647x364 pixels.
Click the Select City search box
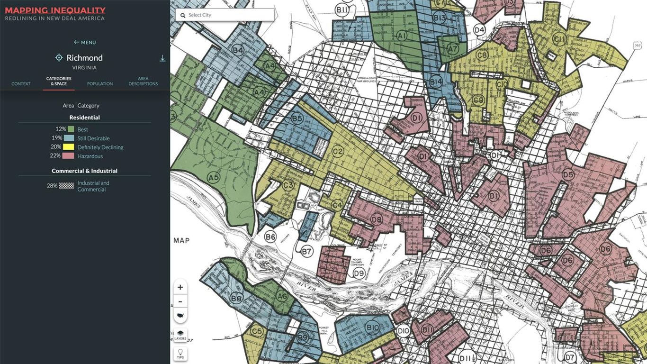pyautogui.click(x=225, y=15)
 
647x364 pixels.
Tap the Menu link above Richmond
pyautogui.click(x=85, y=42)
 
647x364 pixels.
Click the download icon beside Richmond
pyautogui.click(x=162, y=58)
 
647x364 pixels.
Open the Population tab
pyautogui.click(x=100, y=83)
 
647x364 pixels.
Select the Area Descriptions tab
pyautogui.click(x=143, y=81)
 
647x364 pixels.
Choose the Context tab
pyautogui.click(x=21, y=83)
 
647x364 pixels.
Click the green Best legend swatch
pyautogui.click(x=71, y=129)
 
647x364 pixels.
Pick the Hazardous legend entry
pyautogui.click(x=90, y=156)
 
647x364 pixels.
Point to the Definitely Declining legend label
pyautogui.click(x=100, y=147)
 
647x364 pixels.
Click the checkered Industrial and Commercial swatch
pyautogui.click(x=67, y=186)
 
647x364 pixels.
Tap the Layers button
pyautogui.click(x=180, y=335)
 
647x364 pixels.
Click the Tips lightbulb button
pyautogui.click(x=180, y=354)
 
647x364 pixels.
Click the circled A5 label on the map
pyautogui.click(x=214, y=177)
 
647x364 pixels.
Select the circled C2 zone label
pyautogui.click(x=338, y=152)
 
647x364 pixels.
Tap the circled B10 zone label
pyautogui.click(x=373, y=327)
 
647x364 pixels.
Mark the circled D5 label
pyautogui.click(x=568, y=175)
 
